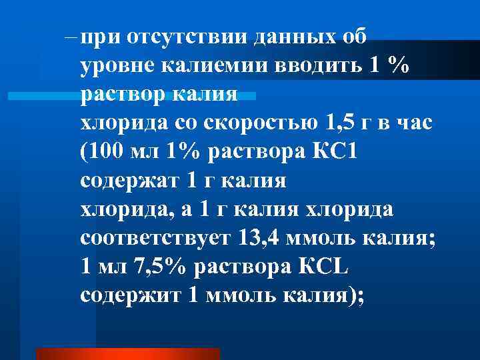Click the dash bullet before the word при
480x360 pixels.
(71, 37)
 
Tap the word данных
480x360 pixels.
(294, 37)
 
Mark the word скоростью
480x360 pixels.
(251, 124)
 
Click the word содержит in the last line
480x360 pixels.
(130, 296)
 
